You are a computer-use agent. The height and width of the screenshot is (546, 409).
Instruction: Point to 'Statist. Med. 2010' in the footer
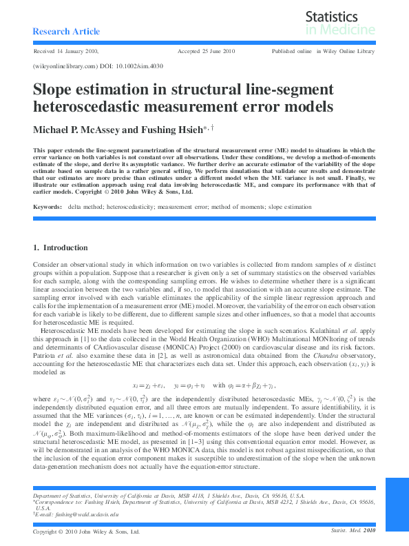pos(353,531)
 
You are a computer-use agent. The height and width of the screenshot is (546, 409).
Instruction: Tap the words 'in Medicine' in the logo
pos(340,30)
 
